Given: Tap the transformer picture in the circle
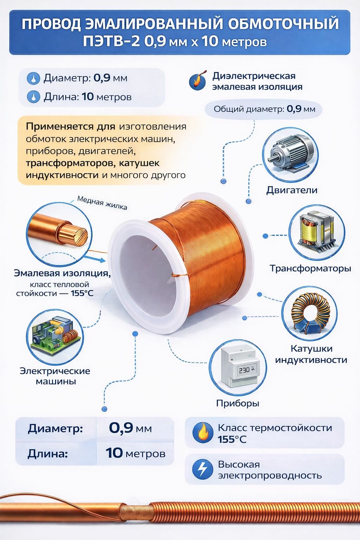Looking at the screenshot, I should coord(316,232).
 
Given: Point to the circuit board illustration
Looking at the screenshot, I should coord(55,337).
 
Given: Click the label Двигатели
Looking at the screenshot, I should coord(291,190).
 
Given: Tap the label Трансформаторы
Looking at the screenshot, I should coord(310,268).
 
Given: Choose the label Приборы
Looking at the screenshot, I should coord(238,403).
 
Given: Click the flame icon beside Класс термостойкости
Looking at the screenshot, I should coord(202,433).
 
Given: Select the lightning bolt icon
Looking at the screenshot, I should coord(202,469).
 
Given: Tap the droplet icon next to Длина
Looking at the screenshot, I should coord(34,97).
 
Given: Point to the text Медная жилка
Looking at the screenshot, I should coord(102,203).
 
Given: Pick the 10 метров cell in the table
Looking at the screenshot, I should coord(135,453).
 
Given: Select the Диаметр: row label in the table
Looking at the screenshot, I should coord(56,429).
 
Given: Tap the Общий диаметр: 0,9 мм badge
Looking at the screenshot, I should coord(264,109).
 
